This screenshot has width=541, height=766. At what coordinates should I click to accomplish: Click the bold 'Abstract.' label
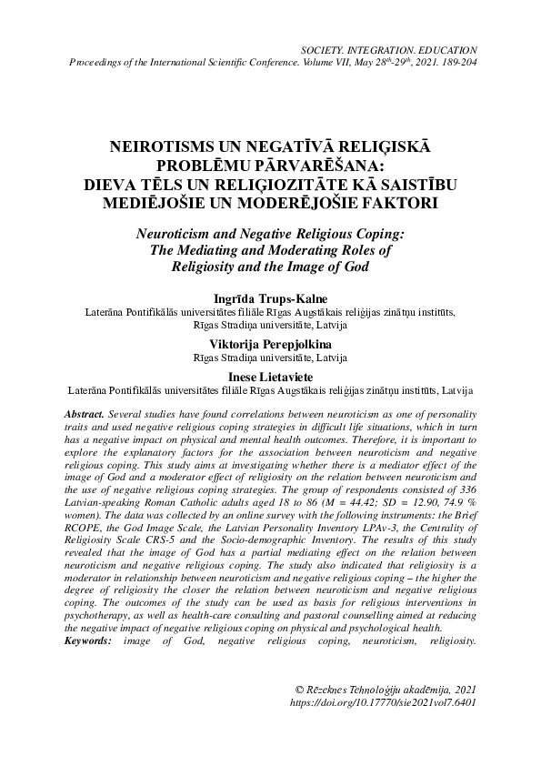pyautogui.click(x=85, y=413)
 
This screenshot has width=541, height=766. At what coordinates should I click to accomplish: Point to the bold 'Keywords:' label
pyautogui.click(x=88, y=641)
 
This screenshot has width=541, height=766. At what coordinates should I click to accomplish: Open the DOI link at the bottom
pyautogui.click(x=383, y=702)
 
